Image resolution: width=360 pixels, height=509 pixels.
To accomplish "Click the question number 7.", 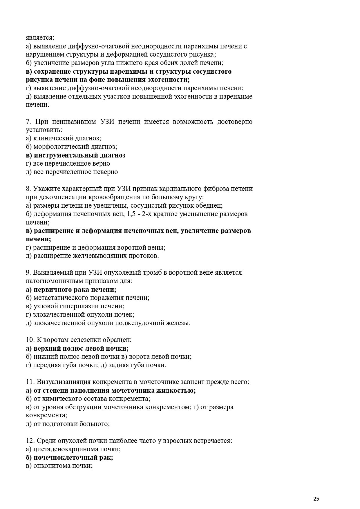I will (x=28, y=122).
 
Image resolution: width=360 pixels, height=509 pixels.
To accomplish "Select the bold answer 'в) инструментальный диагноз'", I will (x=75, y=155).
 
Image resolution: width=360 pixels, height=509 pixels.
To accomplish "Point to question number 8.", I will (x=28, y=189).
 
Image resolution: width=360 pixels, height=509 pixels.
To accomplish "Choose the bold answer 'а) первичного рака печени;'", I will (x=71, y=289).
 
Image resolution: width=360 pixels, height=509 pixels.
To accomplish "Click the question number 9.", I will (x=28, y=273).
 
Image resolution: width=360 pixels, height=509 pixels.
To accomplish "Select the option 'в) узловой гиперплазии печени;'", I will (x=75, y=306).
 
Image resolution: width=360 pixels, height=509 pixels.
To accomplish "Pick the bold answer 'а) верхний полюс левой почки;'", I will (x=77, y=348).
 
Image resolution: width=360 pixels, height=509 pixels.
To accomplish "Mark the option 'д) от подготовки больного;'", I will (x=68, y=424).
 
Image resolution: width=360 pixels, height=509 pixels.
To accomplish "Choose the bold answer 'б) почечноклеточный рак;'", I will (x=69, y=457).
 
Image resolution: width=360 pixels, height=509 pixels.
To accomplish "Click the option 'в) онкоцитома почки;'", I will (x=59, y=466).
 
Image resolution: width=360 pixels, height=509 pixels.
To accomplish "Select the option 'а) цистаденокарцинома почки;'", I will (x=73, y=449).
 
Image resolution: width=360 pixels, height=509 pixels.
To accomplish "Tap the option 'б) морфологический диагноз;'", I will (x=71, y=147).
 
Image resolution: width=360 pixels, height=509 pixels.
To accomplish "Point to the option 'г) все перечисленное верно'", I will (x=68, y=164).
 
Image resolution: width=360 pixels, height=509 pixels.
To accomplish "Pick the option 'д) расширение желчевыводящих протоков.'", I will (x=92, y=256).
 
